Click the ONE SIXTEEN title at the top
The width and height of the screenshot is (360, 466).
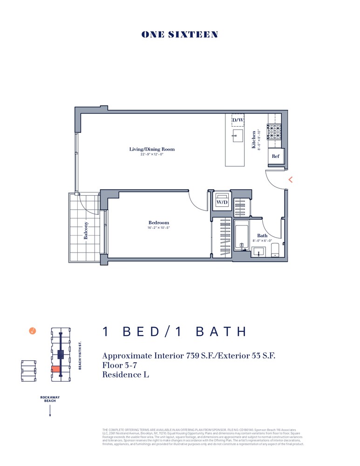[x=180, y=34]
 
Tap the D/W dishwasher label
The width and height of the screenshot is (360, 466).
[x=238, y=120]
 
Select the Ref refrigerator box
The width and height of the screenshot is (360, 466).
[x=276, y=156]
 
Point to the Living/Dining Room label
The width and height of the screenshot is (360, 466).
[x=152, y=149]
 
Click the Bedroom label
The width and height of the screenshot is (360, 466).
[x=159, y=223]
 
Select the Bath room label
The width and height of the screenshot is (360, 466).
[x=262, y=236]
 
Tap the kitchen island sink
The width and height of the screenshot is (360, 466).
[x=238, y=136]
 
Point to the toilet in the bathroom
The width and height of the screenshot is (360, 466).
[x=275, y=250]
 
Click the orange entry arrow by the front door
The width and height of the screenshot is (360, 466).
[x=291, y=179]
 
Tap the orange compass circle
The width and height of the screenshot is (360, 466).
[x=32, y=331]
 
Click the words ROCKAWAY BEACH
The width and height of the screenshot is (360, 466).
[x=50, y=399]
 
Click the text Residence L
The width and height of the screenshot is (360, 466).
[x=125, y=374]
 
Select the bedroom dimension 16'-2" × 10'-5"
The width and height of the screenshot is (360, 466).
[x=159, y=228]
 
